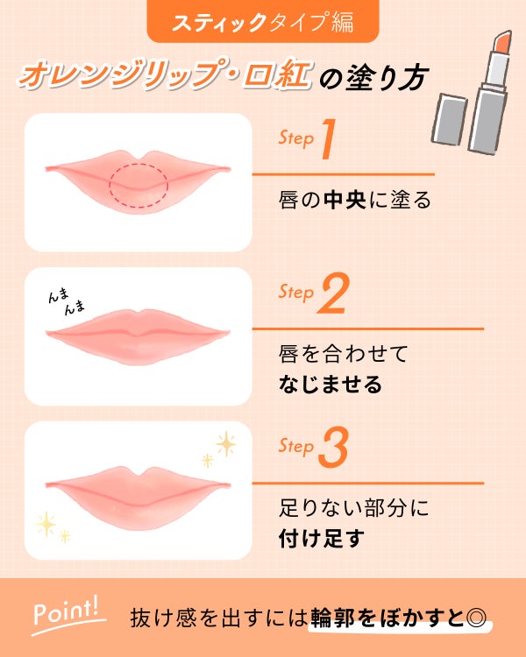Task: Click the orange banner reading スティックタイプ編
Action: pos(263,21)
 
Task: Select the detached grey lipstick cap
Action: pos(449,119)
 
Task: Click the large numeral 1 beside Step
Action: pos(329,138)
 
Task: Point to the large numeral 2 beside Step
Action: pos(333,293)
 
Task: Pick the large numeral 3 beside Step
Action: pos(333,447)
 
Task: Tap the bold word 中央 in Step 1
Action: pos(345,200)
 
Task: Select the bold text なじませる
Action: pos(331,385)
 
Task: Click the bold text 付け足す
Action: pos(321,539)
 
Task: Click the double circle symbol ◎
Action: pos(476,618)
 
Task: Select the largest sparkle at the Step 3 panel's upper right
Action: pos(226,444)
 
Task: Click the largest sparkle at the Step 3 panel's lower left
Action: pos(46,524)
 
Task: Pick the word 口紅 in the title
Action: pos(277,76)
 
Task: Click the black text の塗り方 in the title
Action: pos(373,77)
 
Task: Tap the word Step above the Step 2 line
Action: pos(296,292)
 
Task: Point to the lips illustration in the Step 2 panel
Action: pos(138,336)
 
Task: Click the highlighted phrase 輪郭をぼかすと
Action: pos(387,618)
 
